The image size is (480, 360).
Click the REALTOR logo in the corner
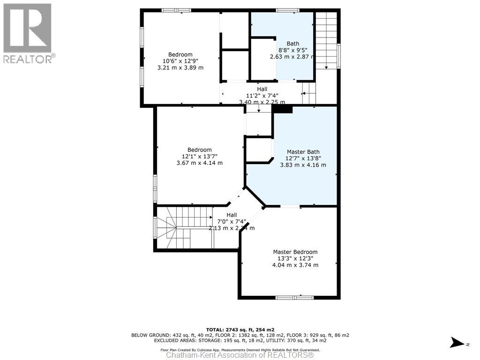tap(27, 33)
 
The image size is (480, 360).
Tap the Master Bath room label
tap(303, 152)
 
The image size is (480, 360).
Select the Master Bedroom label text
tap(295, 252)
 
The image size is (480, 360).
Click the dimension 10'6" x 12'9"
tap(180, 61)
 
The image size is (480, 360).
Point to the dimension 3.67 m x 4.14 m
tap(199, 163)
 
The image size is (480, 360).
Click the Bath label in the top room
tap(292, 44)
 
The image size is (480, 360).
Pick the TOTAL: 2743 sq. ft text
tap(240, 330)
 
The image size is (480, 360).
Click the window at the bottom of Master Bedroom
tap(294, 297)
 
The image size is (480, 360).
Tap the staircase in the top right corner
tap(326, 40)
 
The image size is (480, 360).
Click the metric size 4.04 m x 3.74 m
tap(295, 265)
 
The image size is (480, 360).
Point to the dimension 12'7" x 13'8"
tap(303, 158)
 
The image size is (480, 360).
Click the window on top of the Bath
tap(287, 10)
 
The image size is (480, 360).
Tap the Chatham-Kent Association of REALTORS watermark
tap(240, 355)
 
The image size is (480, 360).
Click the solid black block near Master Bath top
tap(282, 109)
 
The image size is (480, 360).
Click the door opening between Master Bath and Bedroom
tap(290, 206)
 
